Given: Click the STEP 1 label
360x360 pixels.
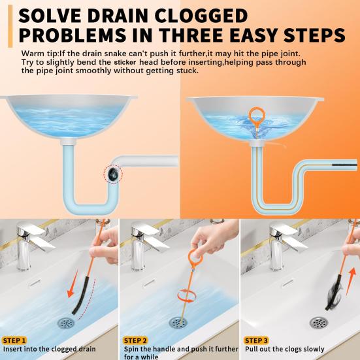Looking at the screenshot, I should coord(15,340).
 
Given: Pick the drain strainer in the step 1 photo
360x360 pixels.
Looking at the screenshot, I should coord(65,322).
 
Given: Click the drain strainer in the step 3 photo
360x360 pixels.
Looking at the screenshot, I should coord(318,322).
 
